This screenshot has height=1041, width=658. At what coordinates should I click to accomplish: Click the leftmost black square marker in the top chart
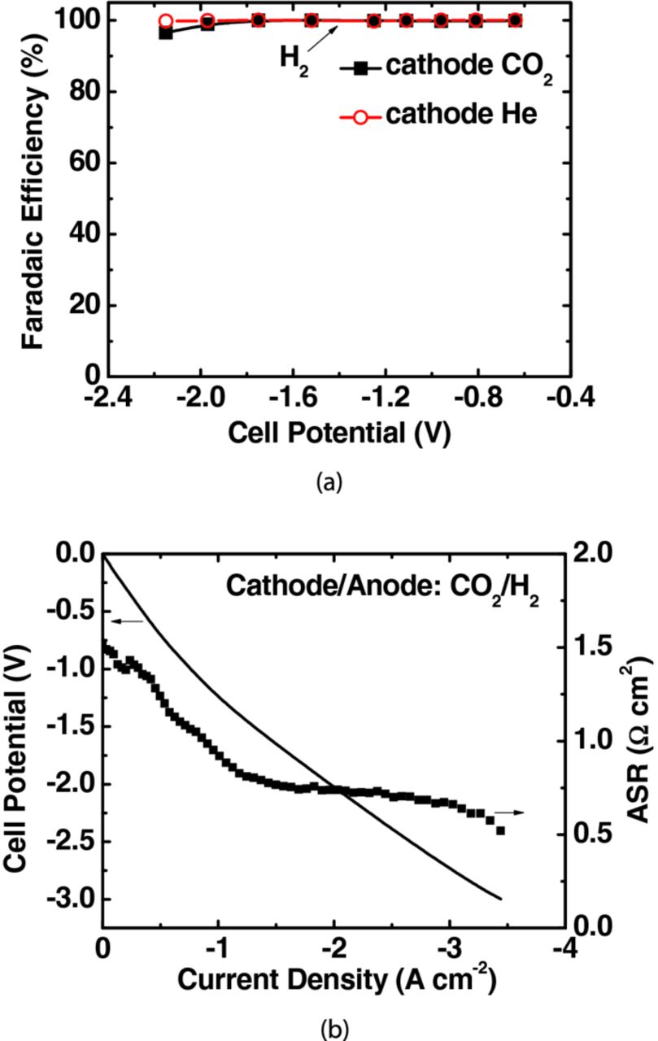click(x=166, y=33)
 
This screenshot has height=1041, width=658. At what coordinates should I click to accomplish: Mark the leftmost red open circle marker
click(x=166, y=21)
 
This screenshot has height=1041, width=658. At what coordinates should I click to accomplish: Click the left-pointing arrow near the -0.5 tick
click(x=127, y=621)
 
